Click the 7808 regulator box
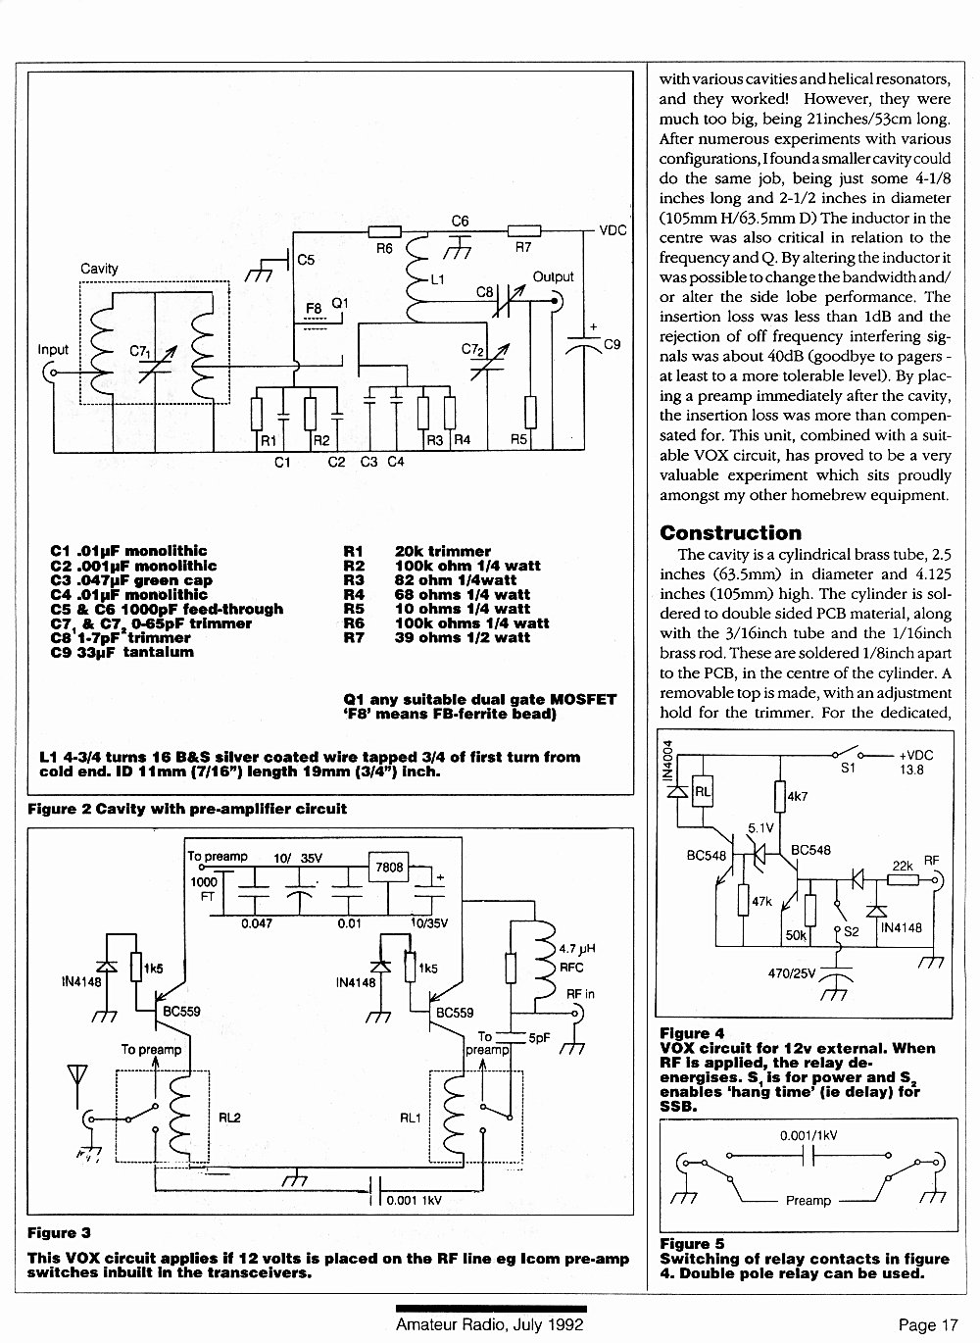(388, 867)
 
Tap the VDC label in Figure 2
(612, 230)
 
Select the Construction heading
(730, 533)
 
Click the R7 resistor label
(523, 247)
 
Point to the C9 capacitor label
(612, 344)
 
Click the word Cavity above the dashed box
(100, 269)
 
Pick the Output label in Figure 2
(553, 277)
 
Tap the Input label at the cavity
(53, 350)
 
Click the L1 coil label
(437, 279)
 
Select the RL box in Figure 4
(703, 792)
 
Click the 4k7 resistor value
(797, 796)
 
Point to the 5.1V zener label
(760, 828)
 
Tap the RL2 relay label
(229, 1118)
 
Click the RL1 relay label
(411, 1119)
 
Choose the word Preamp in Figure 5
(808, 1201)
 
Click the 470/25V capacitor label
(791, 973)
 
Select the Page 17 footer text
(928, 1325)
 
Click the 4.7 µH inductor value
(577, 949)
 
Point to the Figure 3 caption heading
(59, 1232)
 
